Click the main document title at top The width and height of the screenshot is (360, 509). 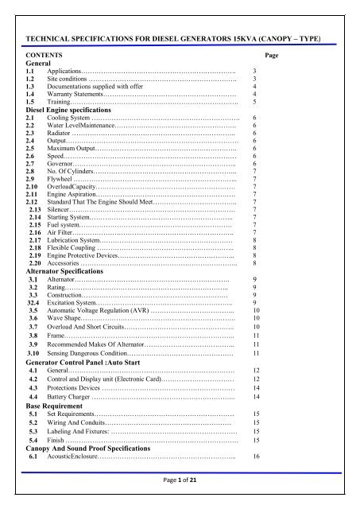(x=180, y=38)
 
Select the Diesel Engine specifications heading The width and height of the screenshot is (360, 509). (x=76, y=109)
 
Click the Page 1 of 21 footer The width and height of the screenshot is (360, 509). (x=180, y=494)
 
